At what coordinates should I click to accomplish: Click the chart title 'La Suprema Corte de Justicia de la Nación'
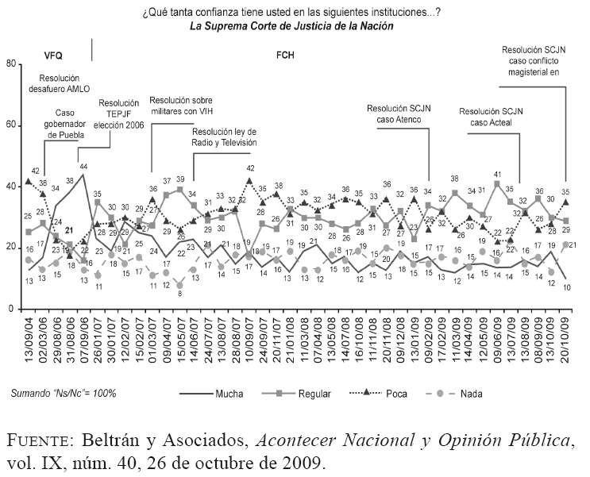point(291,25)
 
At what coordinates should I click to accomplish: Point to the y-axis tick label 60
point(11,125)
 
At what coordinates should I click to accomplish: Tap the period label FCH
point(285,56)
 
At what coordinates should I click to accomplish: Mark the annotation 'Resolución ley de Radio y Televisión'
point(225,137)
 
